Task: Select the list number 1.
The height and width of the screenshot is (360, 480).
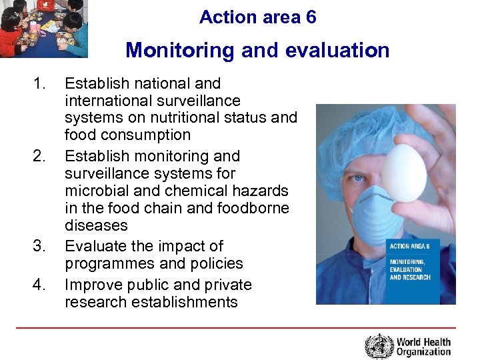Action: coord(41,83)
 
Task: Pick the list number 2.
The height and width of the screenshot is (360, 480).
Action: coord(41,156)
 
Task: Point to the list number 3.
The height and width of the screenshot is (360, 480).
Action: coord(41,246)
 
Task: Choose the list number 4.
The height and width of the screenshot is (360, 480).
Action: coord(41,285)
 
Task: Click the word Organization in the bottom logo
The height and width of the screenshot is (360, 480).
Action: coord(423,352)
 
